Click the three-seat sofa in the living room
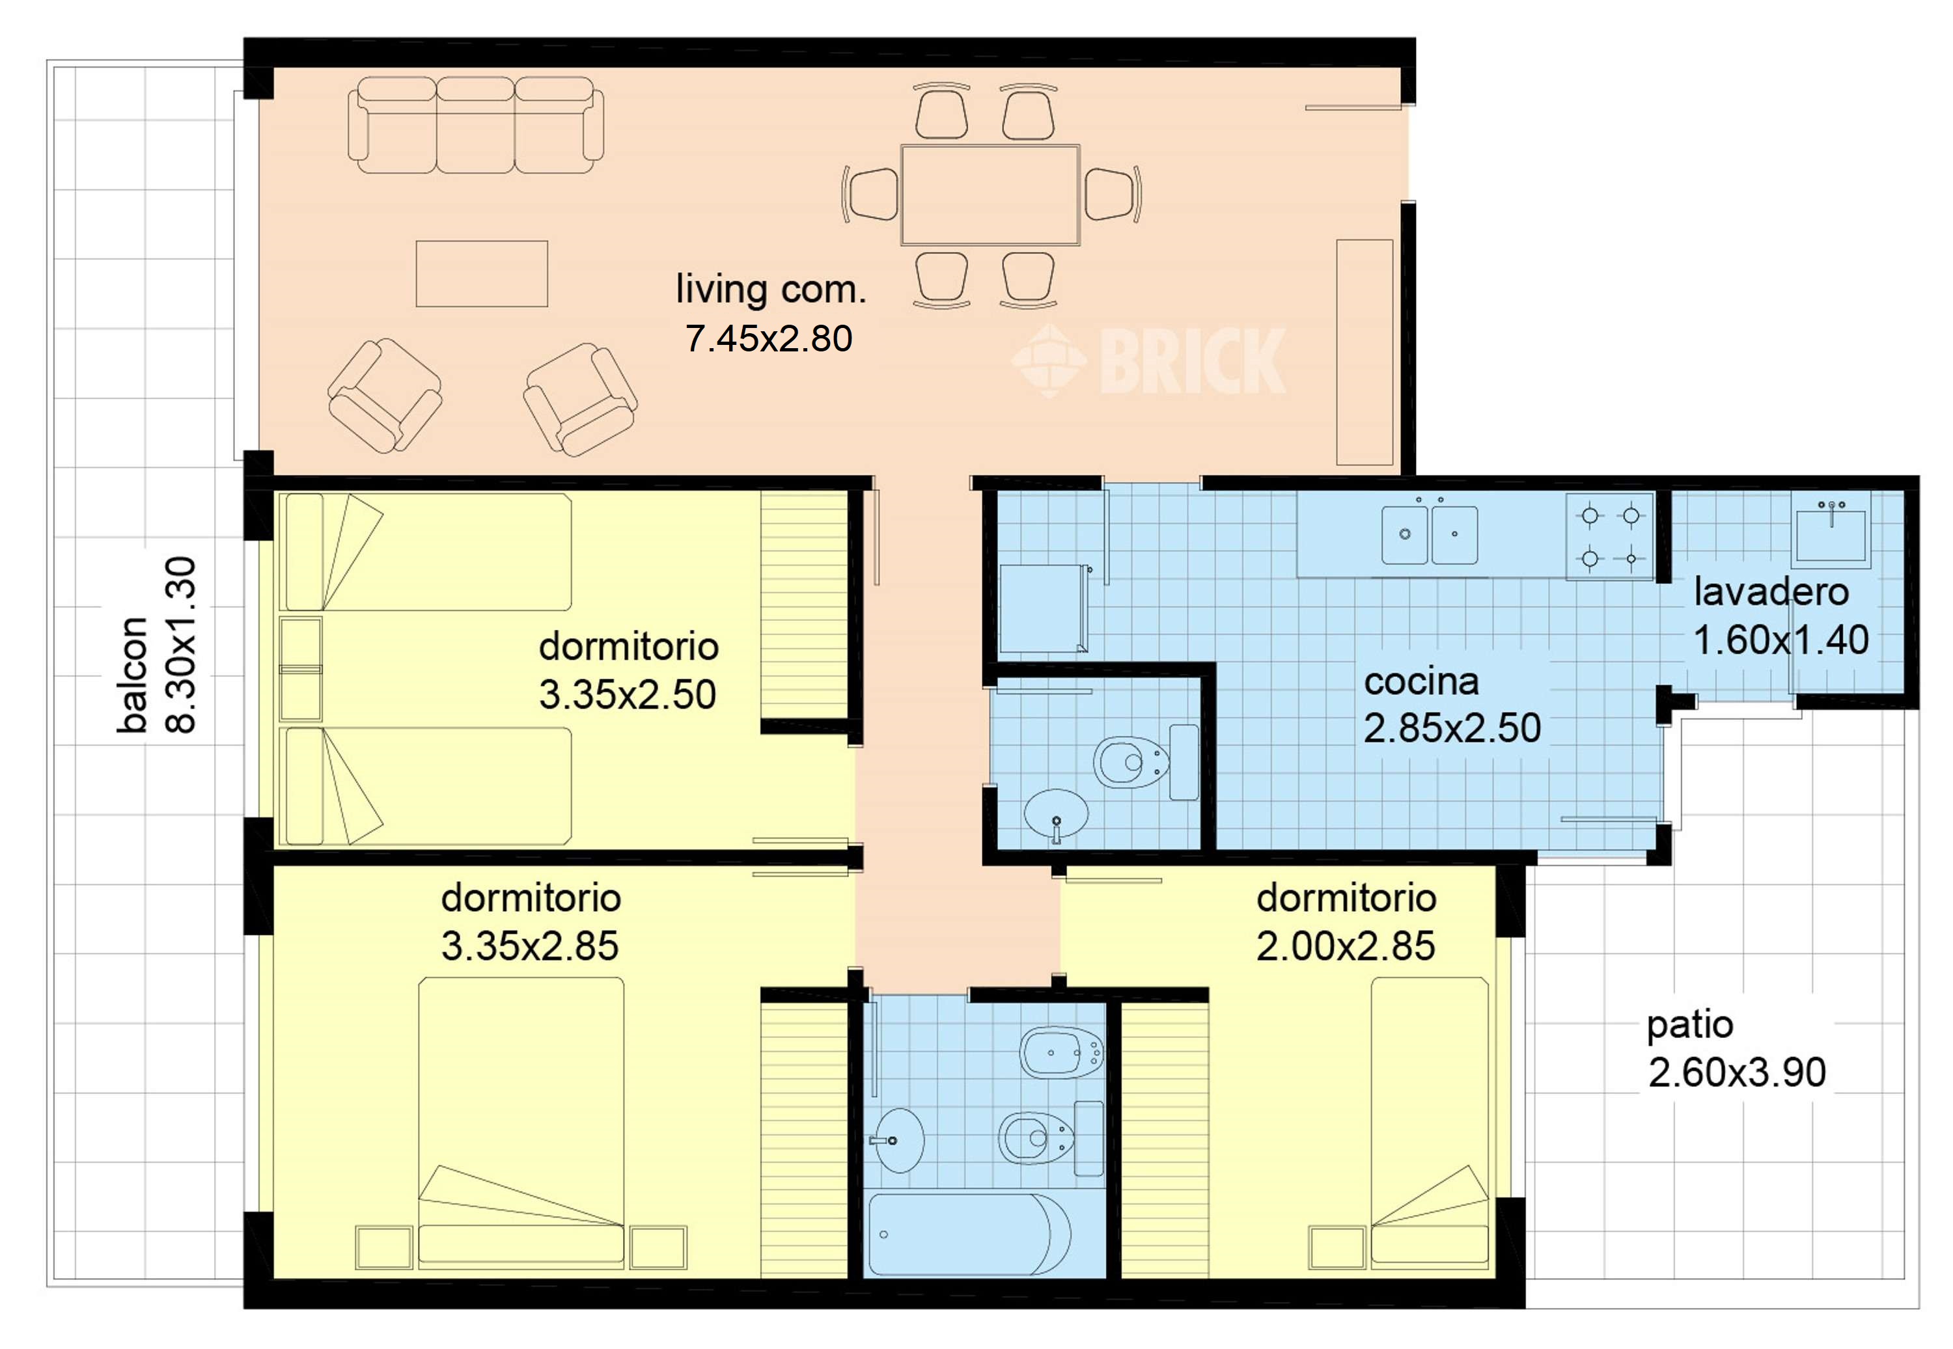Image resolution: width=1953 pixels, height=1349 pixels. tap(476, 126)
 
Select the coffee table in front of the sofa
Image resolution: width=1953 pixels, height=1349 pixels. tap(481, 274)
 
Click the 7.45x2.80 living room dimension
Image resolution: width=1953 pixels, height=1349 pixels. tap(769, 339)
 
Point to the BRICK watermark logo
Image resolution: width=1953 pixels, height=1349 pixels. tap(1150, 361)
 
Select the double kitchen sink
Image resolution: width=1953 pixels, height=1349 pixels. tap(1429, 535)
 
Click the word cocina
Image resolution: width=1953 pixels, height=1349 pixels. tap(1421, 682)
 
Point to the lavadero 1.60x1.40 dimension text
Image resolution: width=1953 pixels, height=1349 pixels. tap(1780, 640)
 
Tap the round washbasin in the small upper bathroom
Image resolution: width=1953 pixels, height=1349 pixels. tap(1056, 813)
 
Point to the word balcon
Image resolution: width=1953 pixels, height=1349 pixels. tap(133, 674)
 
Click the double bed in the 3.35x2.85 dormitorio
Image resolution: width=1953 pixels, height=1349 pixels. tap(521, 1124)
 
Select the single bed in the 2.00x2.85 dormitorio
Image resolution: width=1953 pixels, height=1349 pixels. tap(1429, 1124)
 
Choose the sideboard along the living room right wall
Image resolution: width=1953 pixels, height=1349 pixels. tap(1364, 351)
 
